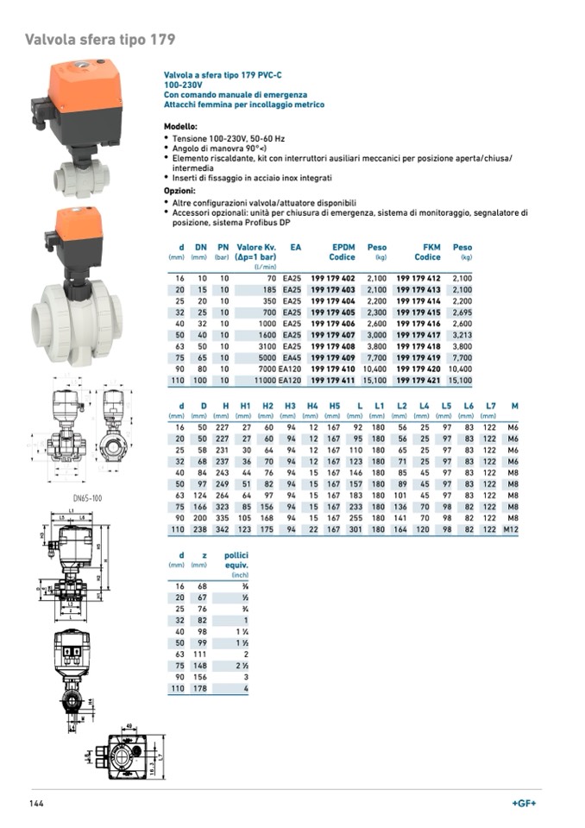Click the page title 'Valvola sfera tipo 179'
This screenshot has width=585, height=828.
[100, 40]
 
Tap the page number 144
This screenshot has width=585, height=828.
[35, 804]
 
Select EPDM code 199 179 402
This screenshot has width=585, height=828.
[333, 278]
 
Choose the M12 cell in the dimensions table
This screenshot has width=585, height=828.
[512, 528]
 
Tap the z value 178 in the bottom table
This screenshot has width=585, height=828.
[202, 688]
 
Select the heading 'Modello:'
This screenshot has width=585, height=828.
[180, 126]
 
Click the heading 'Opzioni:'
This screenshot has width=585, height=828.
[180, 190]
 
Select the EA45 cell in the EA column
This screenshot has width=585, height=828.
[292, 357]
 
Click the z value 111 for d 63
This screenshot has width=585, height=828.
[202, 654]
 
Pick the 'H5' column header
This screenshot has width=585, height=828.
[335, 406]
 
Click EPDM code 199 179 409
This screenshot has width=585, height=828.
[333, 357]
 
